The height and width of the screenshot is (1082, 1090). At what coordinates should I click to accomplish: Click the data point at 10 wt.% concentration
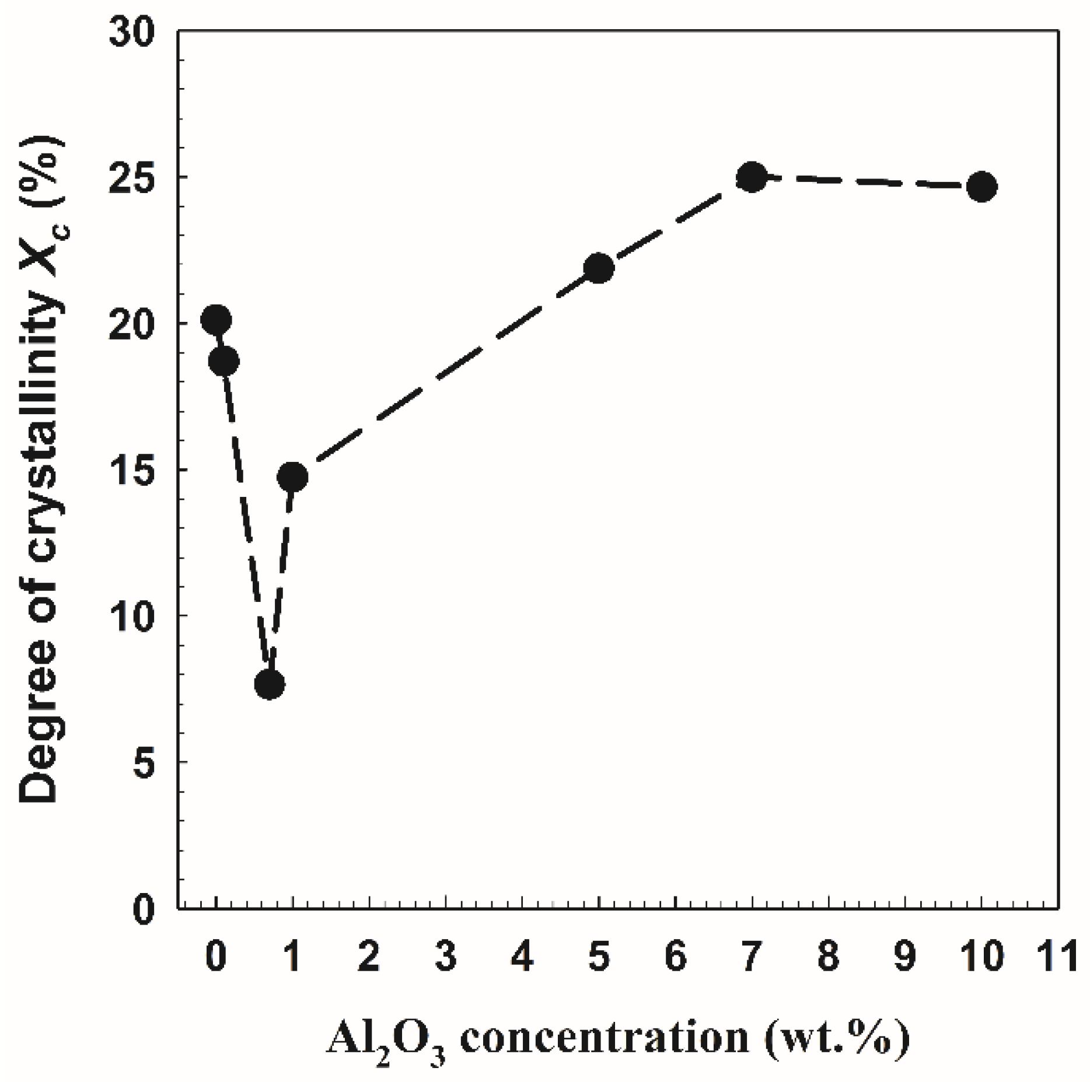(981, 187)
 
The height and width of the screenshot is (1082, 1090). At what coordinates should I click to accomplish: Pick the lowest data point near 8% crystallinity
(270, 684)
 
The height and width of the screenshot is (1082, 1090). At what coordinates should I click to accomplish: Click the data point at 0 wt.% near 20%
(216, 319)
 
